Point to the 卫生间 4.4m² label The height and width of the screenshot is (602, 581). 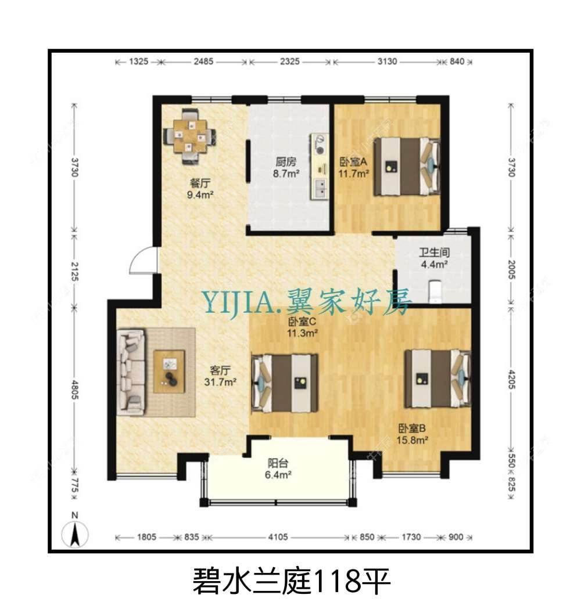(434, 259)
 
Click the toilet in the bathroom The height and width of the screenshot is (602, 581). (435, 290)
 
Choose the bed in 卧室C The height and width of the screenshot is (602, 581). (285, 383)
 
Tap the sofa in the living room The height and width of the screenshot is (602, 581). (131, 372)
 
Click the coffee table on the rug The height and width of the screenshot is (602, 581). (170, 372)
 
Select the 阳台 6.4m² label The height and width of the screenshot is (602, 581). (279, 469)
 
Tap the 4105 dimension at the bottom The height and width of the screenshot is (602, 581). (278, 538)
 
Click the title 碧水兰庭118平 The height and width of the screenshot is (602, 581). (290, 580)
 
